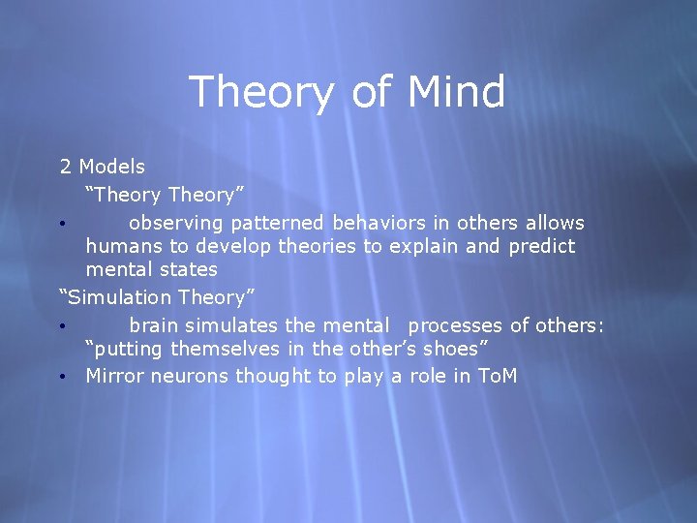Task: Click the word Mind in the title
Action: (x=456, y=93)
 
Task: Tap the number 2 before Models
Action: (x=66, y=168)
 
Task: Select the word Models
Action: (x=112, y=168)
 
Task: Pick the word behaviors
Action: (x=383, y=223)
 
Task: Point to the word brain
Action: (x=154, y=325)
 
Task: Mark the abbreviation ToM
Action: (x=499, y=375)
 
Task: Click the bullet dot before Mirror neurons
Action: (x=62, y=376)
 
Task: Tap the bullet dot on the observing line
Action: (x=62, y=224)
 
